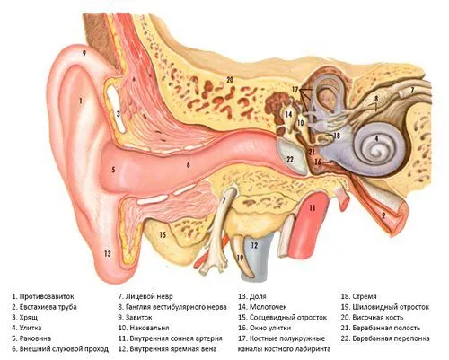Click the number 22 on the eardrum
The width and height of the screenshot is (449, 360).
(290, 160)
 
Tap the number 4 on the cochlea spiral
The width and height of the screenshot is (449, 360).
(376, 139)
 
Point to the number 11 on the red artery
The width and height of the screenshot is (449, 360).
(313, 207)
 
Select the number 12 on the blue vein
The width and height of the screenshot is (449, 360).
(254, 246)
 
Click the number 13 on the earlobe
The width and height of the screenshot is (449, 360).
(108, 254)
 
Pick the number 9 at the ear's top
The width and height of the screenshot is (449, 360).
(84, 54)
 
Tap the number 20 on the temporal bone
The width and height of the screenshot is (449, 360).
(230, 80)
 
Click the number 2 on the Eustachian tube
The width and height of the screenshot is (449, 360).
(383, 215)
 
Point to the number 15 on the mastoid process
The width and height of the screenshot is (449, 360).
(163, 235)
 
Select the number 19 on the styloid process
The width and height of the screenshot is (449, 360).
(240, 258)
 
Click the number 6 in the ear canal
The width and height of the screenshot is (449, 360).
(189, 164)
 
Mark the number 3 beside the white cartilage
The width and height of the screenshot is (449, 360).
(119, 114)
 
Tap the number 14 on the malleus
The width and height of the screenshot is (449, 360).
(288, 114)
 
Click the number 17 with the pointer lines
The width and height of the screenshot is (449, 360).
(295, 89)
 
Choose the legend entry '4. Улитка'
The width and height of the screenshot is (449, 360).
(27, 328)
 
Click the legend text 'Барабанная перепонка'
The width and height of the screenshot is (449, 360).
(391, 338)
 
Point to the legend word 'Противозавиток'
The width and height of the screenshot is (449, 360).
(47, 296)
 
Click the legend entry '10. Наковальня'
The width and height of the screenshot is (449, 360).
(144, 328)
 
